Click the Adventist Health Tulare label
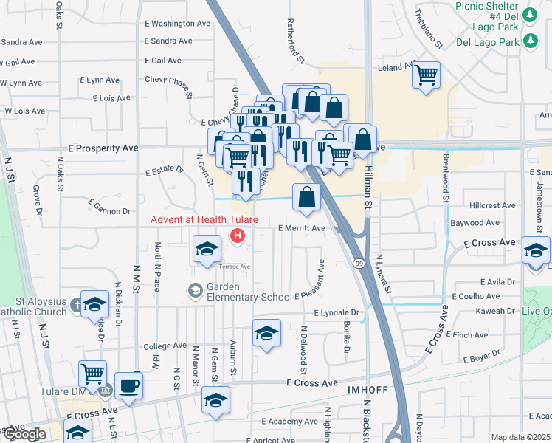pyautogui.click(x=204, y=220)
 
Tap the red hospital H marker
pyautogui.click(x=238, y=236)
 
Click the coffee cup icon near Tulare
pyautogui.click(x=128, y=385)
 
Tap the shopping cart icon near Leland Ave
pyautogui.click(x=426, y=75)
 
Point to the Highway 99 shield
pyautogui.click(x=358, y=263)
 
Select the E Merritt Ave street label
pyautogui.click(x=301, y=228)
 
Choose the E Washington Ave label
pyautogui.click(x=178, y=24)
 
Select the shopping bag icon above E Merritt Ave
pyautogui.click(x=306, y=197)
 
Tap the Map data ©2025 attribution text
pyautogui.click(x=520, y=437)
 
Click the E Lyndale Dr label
pyautogui.click(x=335, y=313)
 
